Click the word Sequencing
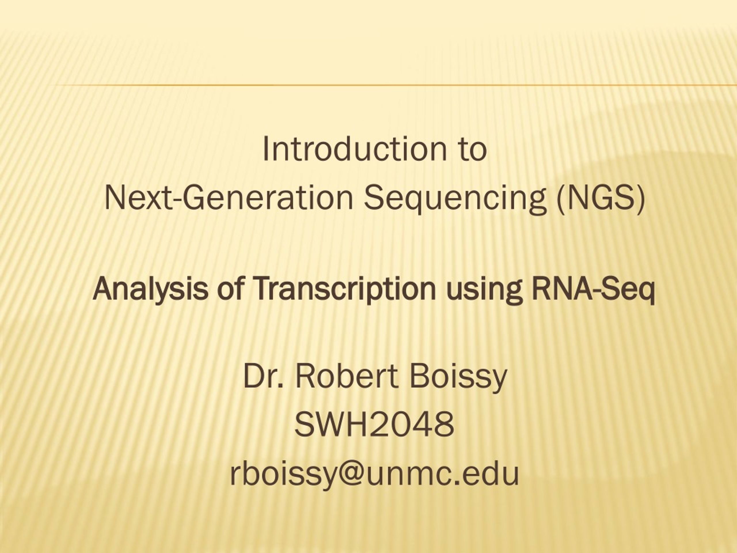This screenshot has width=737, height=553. [455, 200]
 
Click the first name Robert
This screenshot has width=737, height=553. [347, 376]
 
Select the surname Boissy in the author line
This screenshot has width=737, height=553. [458, 378]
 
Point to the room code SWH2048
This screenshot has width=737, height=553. [374, 424]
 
